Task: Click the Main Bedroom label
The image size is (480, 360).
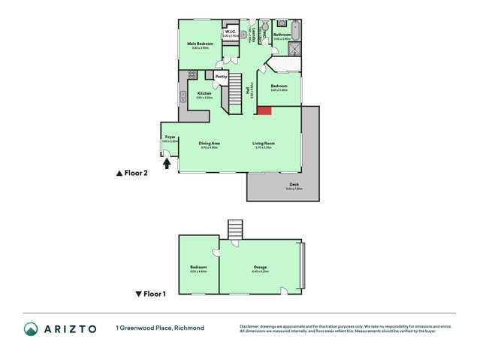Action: (201, 44)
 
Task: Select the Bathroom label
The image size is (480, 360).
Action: (282, 35)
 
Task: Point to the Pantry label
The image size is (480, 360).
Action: (221, 76)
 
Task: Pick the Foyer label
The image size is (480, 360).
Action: (170, 137)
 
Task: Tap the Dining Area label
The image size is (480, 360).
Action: (210, 143)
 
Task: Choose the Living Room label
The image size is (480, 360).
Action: (263, 143)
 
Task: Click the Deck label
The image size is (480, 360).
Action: (294, 185)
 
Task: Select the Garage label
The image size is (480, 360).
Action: (260, 267)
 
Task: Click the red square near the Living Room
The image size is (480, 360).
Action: (264, 110)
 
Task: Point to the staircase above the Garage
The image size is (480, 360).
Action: (236, 228)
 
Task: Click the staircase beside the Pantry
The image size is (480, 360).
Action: (236, 92)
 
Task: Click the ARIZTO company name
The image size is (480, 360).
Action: (70, 328)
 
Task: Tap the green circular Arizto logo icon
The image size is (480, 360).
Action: (31, 328)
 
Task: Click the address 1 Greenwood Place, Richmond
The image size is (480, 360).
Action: (159, 328)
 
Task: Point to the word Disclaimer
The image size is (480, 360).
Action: (250, 325)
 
